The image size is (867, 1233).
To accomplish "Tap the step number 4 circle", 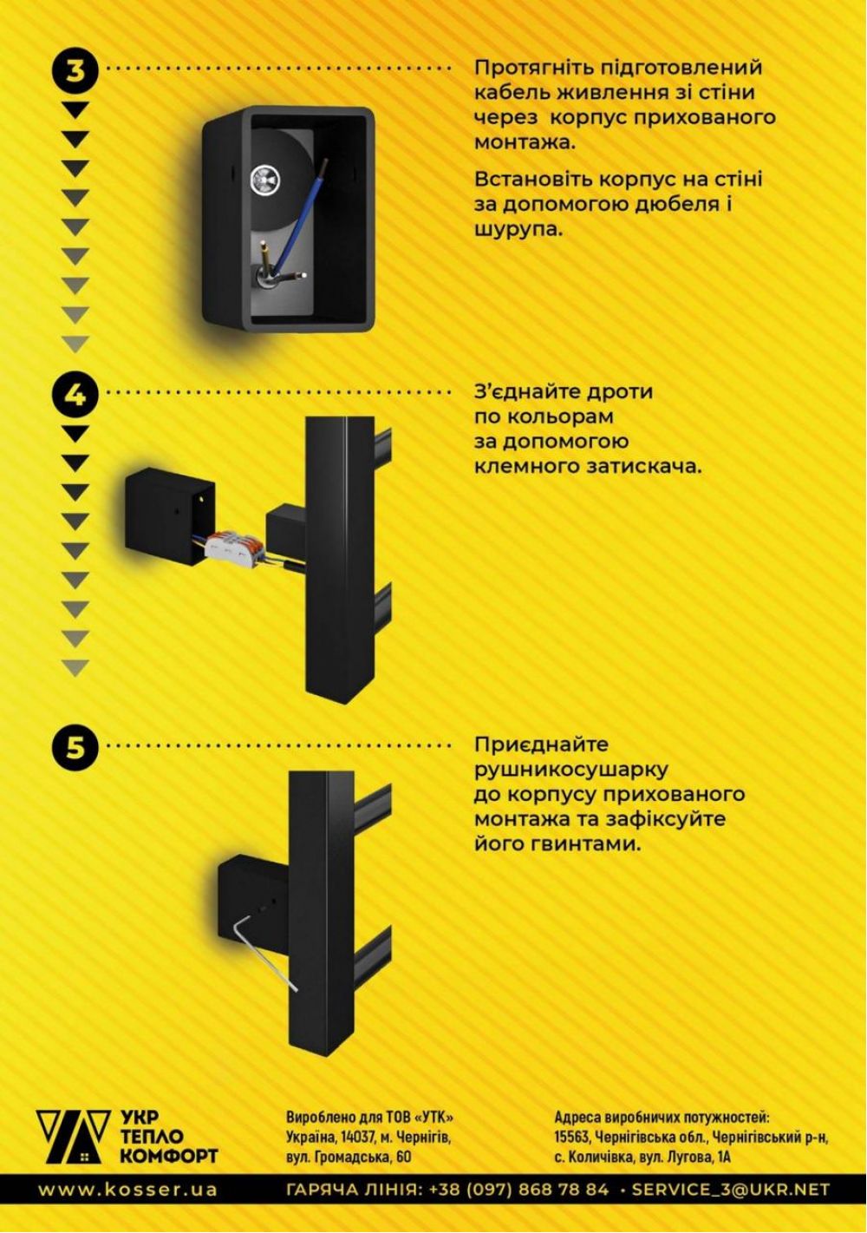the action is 75,394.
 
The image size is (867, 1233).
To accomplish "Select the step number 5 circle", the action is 75,747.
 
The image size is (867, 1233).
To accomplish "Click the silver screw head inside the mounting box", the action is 266,180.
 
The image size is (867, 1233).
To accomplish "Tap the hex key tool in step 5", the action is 264,951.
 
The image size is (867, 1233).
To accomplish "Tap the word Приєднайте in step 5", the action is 541,744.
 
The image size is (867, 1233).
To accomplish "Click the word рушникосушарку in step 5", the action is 571,770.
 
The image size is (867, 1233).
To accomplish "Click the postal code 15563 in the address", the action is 571,1130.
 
